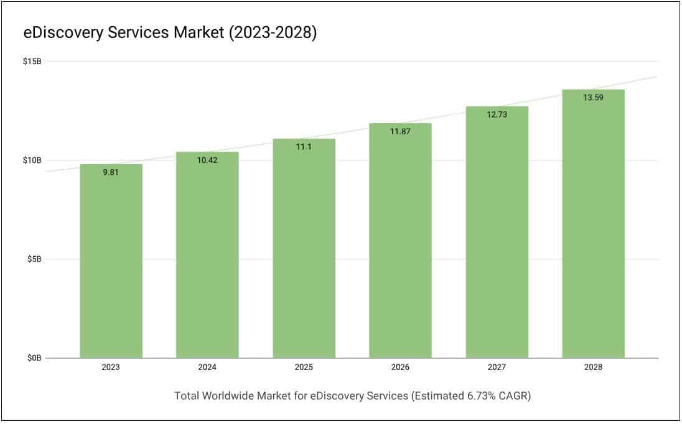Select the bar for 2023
click(x=111, y=261)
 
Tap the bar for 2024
click(x=207, y=255)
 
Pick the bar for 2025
click(x=304, y=249)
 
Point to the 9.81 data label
click(x=111, y=172)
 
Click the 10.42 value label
click(x=207, y=160)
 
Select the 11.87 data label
click(x=400, y=132)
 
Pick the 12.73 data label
click(x=497, y=114)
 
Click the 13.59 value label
click(x=593, y=98)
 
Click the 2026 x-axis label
click(x=400, y=367)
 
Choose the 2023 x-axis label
click(x=111, y=367)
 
